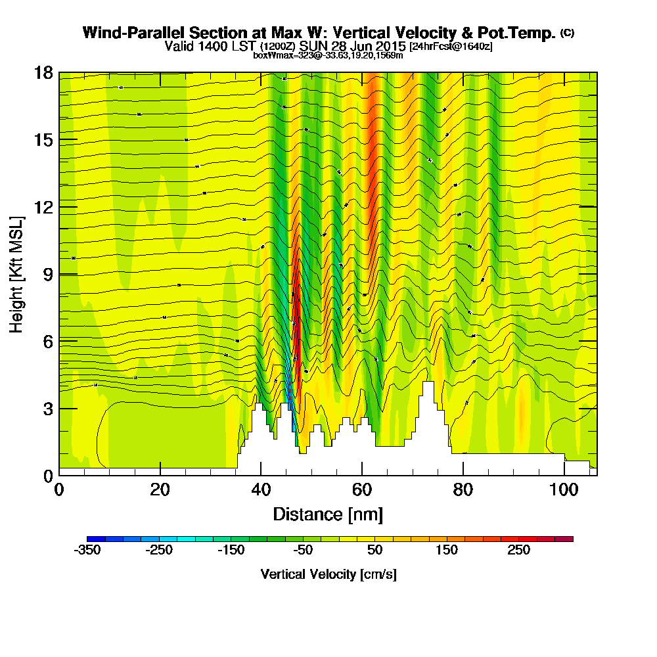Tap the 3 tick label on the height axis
(46, 409)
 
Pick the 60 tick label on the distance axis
(362, 490)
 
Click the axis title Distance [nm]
(328, 514)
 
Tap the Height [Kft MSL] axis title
(16, 273)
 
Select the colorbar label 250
(519, 551)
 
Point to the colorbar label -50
(303, 551)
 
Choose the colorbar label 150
(447, 551)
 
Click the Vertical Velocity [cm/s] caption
(328, 574)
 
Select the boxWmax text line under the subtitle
(328, 55)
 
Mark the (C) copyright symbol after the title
(567, 33)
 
